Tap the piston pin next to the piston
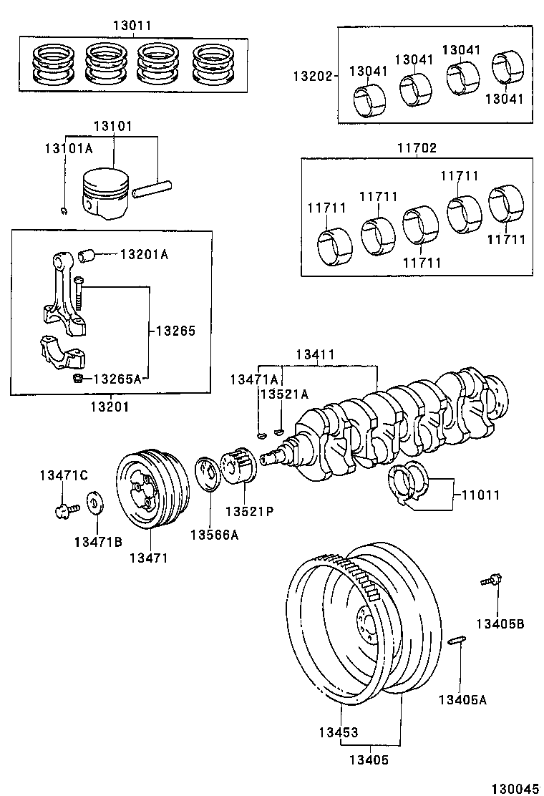click(x=154, y=190)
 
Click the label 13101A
click(x=69, y=148)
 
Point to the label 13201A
click(x=144, y=254)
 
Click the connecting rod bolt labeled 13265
click(x=79, y=293)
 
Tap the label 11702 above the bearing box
click(x=417, y=148)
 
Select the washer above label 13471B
click(x=94, y=503)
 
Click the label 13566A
click(x=214, y=534)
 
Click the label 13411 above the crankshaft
click(x=316, y=354)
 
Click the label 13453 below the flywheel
click(x=339, y=732)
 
